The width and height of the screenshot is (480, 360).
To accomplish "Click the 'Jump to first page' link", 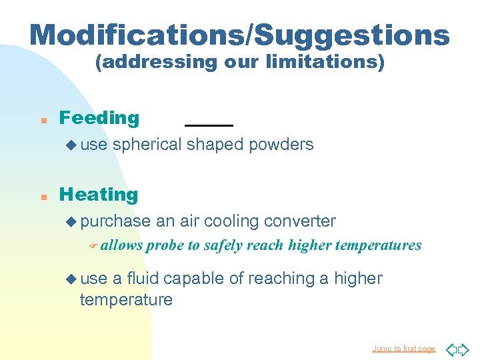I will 403,349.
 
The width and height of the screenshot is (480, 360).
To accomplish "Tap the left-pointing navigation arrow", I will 451,349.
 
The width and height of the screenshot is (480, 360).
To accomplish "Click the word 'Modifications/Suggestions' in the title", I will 239,34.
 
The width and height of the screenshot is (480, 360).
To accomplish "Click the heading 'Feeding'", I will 99,118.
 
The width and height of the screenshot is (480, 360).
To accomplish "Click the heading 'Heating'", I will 99,195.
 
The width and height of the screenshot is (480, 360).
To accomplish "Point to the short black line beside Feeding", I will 209,125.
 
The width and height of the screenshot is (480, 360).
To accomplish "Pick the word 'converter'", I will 301,221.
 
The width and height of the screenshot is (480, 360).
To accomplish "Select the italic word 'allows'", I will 122,245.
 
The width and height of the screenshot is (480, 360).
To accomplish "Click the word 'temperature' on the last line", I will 126,300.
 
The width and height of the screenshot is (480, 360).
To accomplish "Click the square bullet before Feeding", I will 42,120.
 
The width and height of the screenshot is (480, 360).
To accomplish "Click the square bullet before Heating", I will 42,197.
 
